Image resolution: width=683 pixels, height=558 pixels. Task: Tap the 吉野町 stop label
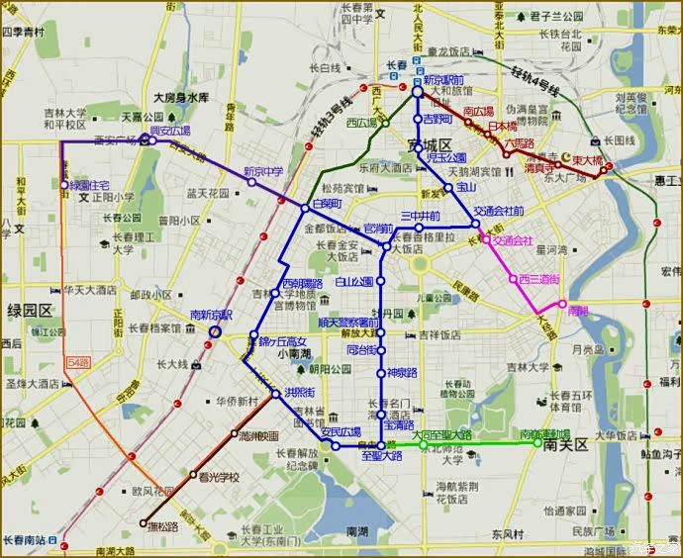tap(437, 119)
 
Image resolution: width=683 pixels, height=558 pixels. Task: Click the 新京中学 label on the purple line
tap(263, 171)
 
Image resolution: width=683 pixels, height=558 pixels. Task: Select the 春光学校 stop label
tap(219, 477)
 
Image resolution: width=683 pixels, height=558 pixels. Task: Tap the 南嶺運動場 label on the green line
tap(545, 434)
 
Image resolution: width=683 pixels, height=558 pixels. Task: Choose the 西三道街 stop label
tap(539, 279)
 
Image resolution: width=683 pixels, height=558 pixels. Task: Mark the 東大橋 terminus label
tap(587, 159)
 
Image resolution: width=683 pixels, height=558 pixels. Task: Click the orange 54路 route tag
tap(80, 364)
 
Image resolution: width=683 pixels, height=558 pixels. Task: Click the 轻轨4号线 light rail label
tap(536, 80)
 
